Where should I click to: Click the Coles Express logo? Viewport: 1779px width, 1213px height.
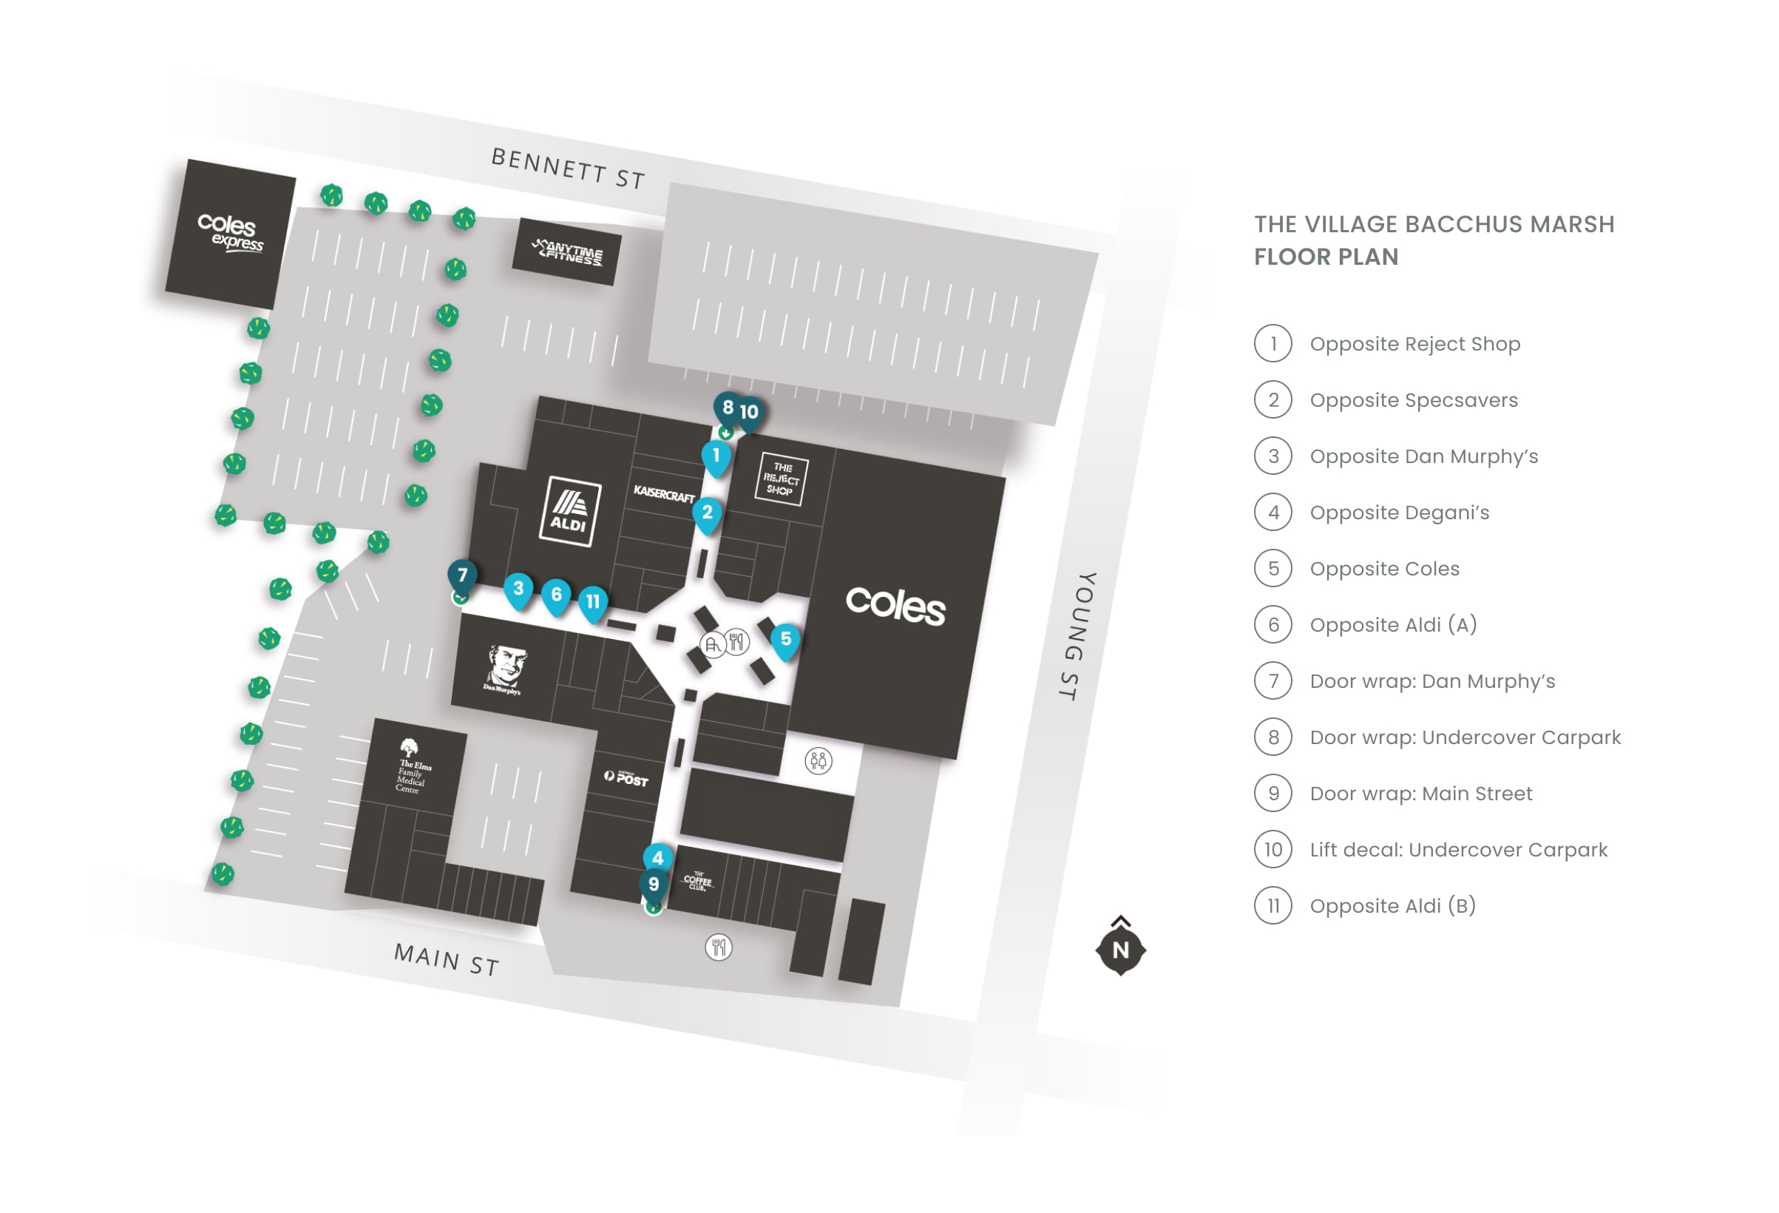click(231, 232)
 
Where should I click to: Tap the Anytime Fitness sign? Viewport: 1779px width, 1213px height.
click(568, 252)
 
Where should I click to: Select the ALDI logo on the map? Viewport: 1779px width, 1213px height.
click(569, 512)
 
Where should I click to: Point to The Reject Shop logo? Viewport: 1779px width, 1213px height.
click(781, 479)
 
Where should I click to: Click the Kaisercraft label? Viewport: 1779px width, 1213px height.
click(664, 495)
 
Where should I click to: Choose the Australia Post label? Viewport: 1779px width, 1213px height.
click(626, 778)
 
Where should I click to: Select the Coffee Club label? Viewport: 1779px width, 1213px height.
click(697, 882)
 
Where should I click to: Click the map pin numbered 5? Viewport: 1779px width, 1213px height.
click(785, 641)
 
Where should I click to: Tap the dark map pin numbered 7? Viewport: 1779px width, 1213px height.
click(462, 577)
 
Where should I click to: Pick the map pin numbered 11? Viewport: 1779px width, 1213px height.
click(592, 604)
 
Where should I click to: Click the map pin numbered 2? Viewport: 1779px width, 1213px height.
click(708, 514)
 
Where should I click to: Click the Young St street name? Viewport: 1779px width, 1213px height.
click(1078, 635)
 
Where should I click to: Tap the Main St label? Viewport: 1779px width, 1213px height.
click(447, 959)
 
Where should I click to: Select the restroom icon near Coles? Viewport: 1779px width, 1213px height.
click(819, 761)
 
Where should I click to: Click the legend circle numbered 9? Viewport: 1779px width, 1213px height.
click(1273, 794)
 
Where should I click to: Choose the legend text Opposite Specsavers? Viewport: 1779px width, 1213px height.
click(1413, 400)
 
